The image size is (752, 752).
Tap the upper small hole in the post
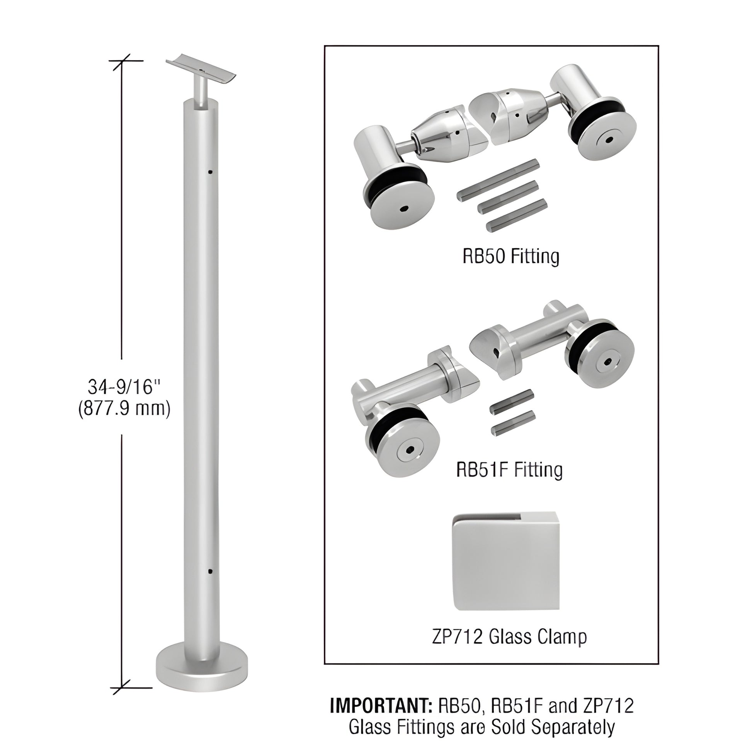coord(210,171)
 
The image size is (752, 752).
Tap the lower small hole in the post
coord(210,572)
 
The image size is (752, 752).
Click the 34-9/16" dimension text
coord(124,387)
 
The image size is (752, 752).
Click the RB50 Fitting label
coord(511,257)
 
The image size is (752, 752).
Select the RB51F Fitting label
coord(509,470)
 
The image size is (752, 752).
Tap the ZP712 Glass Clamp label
coord(509,637)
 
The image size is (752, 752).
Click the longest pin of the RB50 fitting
coord(498,179)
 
